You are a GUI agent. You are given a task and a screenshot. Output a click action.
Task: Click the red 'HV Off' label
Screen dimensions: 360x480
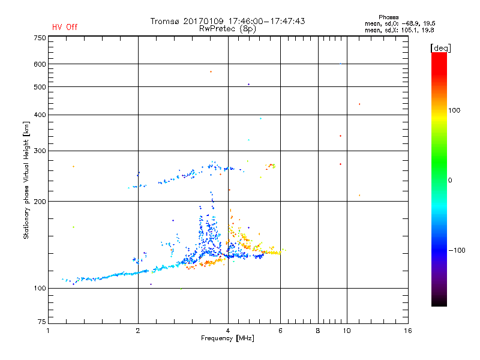[x=65, y=27]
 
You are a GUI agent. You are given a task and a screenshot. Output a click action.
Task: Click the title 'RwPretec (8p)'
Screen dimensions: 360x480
[x=227, y=28]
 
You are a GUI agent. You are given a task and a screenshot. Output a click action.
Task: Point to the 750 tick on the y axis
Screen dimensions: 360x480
[x=40, y=38]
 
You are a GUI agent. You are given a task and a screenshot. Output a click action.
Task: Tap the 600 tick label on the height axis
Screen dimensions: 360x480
[x=40, y=64]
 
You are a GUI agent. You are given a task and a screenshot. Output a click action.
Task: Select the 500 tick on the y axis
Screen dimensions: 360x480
[x=40, y=87]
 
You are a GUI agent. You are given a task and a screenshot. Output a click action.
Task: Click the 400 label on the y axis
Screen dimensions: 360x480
[x=40, y=115]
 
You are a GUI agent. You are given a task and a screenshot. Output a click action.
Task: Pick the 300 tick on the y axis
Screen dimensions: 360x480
[x=40, y=151]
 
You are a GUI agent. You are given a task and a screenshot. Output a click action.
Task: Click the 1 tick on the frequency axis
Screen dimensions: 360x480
[x=49, y=331]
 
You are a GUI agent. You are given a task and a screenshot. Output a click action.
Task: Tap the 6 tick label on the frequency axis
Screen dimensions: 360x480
[x=280, y=331]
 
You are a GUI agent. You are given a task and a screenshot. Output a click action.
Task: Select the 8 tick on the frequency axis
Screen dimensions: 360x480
[x=318, y=331]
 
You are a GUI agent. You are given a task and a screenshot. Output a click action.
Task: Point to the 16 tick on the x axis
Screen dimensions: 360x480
[x=407, y=331]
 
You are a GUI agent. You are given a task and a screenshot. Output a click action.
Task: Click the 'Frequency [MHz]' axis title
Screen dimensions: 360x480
[x=228, y=338]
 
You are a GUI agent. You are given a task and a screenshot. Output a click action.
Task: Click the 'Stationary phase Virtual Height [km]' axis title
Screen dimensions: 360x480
[x=26, y=180]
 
